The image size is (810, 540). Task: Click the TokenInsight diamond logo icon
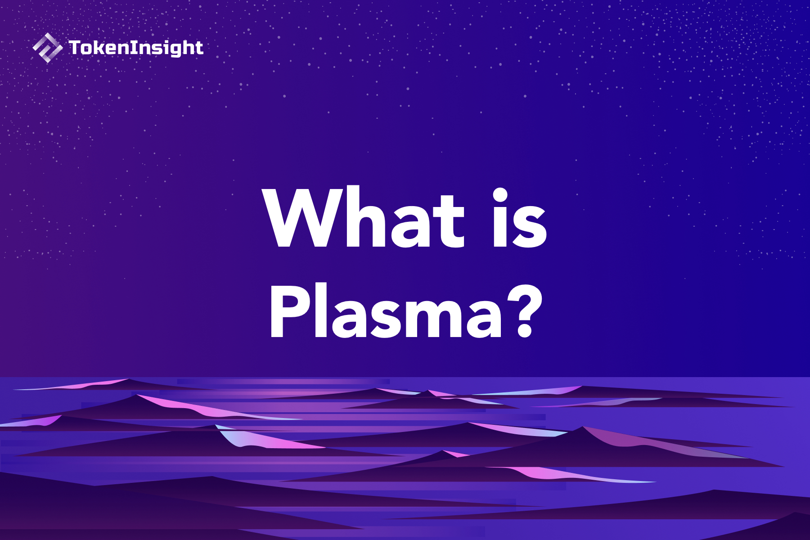click(x=47, y=48)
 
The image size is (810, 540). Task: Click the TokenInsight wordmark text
click(x=136, y=48)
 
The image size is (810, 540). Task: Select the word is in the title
click(x=520, y=218)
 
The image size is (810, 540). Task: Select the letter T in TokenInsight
click(x=75, y=47)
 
